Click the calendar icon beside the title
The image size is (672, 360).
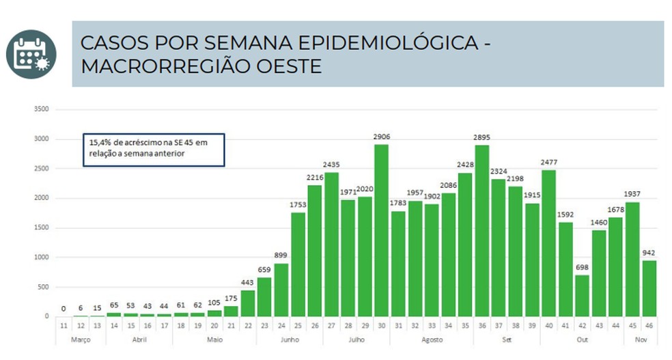(31, 54)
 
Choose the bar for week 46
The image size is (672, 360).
(649, 288)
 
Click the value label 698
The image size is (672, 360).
(583, 267)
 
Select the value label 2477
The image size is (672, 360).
(549, 162)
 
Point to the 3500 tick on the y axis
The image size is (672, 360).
(41, 109)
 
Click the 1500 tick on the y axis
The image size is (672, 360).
(41, 227)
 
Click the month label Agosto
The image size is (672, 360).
(432, 340)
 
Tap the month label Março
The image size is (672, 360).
(81, 340)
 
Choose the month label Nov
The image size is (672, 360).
(641, 340)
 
